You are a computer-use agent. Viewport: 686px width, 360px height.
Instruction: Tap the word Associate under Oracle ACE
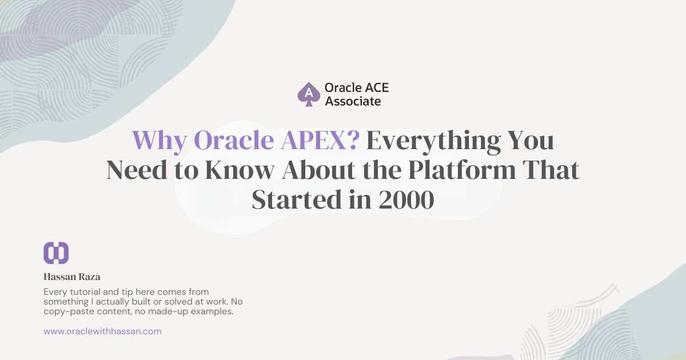(352, 102)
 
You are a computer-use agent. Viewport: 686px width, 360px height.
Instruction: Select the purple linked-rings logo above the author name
(56, 253)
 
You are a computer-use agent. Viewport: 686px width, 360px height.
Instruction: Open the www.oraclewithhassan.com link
(102, 331)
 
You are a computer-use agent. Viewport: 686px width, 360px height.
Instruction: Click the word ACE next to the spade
(376, 88)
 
